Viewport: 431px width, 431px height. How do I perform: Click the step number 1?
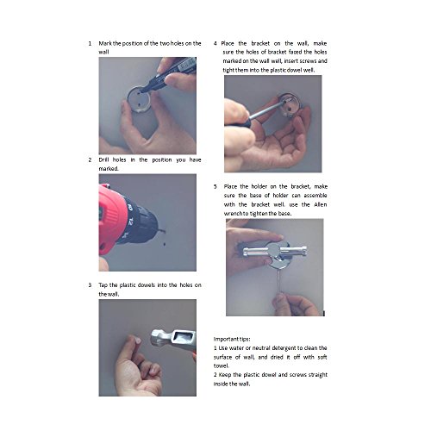coord(90,44)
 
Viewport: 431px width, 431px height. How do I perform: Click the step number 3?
coord(90,285)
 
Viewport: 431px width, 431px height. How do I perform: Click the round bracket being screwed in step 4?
coord(290,104)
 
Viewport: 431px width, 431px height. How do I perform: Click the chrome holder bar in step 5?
coord(275,251)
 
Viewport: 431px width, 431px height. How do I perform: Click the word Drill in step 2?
coord(103,159)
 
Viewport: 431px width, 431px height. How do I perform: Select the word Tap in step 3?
coord(103,285)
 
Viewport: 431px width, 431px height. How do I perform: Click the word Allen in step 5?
coord(321,204)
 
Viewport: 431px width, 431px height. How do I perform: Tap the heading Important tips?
coord(232,339)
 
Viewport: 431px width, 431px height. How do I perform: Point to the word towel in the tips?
coord(221,366)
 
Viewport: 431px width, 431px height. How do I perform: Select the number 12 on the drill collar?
coord(131,222)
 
